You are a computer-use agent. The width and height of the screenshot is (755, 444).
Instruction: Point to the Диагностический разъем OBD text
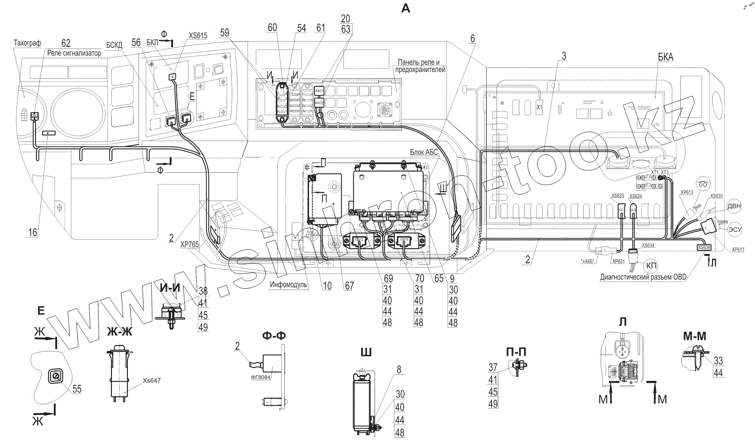tap(643, 277)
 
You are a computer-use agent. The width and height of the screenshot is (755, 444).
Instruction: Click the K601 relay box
tap(319, 91)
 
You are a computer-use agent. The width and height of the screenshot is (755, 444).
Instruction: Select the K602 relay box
tap(319, 102)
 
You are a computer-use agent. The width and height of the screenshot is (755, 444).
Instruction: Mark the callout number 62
tap(66, 43)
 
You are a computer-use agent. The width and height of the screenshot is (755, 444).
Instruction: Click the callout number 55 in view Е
tap(77, 389)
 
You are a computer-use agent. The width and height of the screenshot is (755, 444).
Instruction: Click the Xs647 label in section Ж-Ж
tap(152, 380)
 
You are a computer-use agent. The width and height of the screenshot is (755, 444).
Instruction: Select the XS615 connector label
tap(198, 36)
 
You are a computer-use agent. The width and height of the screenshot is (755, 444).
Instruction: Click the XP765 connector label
tap(190, 244)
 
